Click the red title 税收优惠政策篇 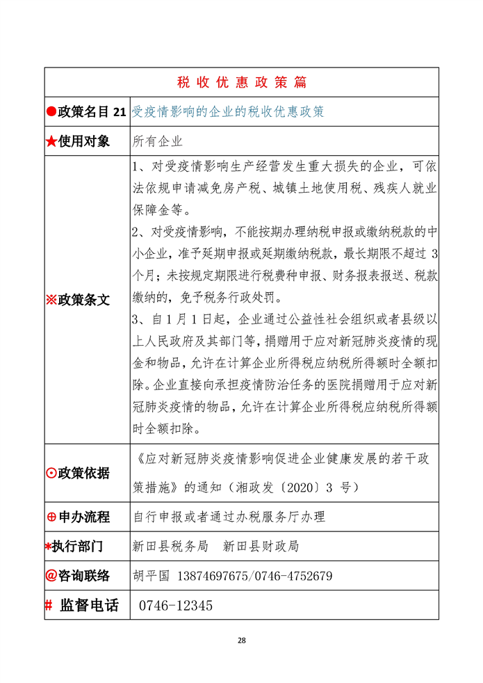(242, 82)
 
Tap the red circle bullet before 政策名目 (51, 112)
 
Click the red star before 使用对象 (51, 142)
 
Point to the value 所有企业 (158, 142)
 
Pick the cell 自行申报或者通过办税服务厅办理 (229, 517)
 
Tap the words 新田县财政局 (261, 546)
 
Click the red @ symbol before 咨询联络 (51, 576)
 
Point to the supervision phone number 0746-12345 (176, 606)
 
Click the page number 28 (242, 640)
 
